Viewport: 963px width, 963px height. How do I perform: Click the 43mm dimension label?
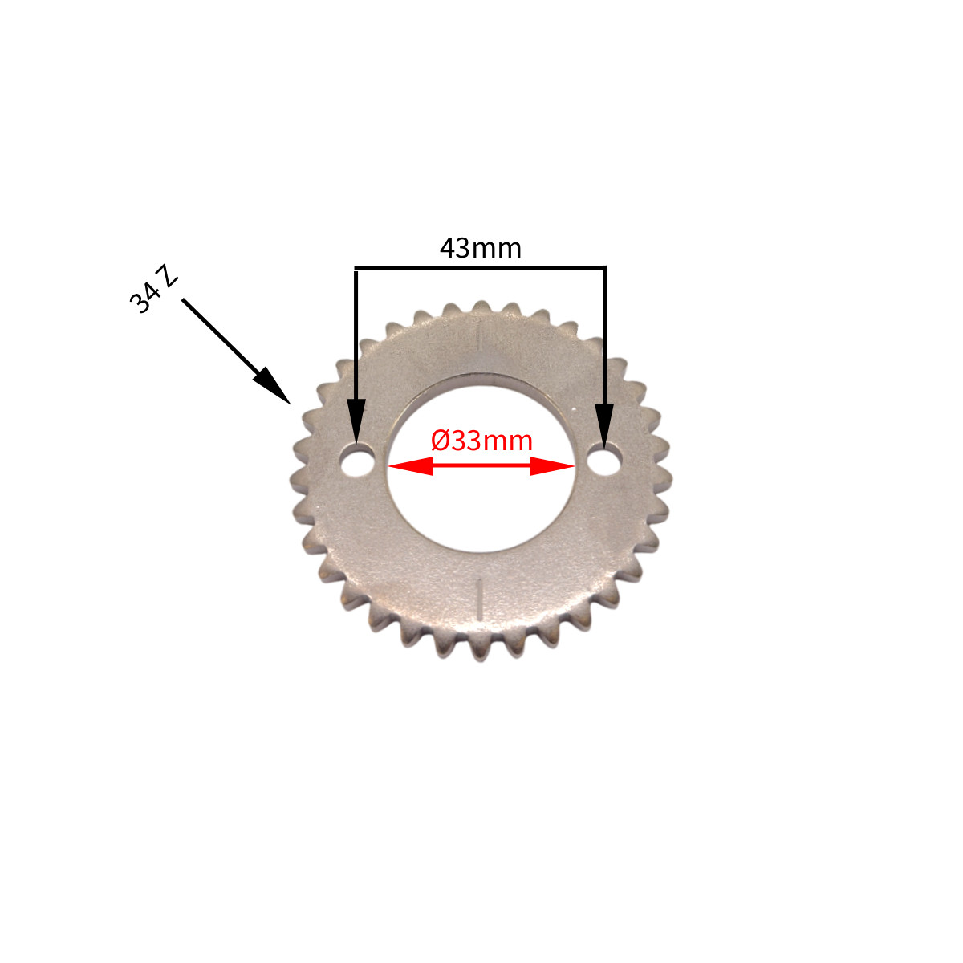click(480, 248)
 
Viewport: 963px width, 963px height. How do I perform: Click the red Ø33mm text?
click(481, 441)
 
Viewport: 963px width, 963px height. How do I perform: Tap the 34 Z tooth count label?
click(153, 295)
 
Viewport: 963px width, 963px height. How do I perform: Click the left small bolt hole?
click(357, 461)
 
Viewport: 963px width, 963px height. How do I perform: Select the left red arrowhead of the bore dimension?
click(411, 465)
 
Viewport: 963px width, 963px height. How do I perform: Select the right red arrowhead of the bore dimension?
click(551, 465)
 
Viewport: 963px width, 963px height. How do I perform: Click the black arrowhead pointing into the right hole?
click(605, 425)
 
